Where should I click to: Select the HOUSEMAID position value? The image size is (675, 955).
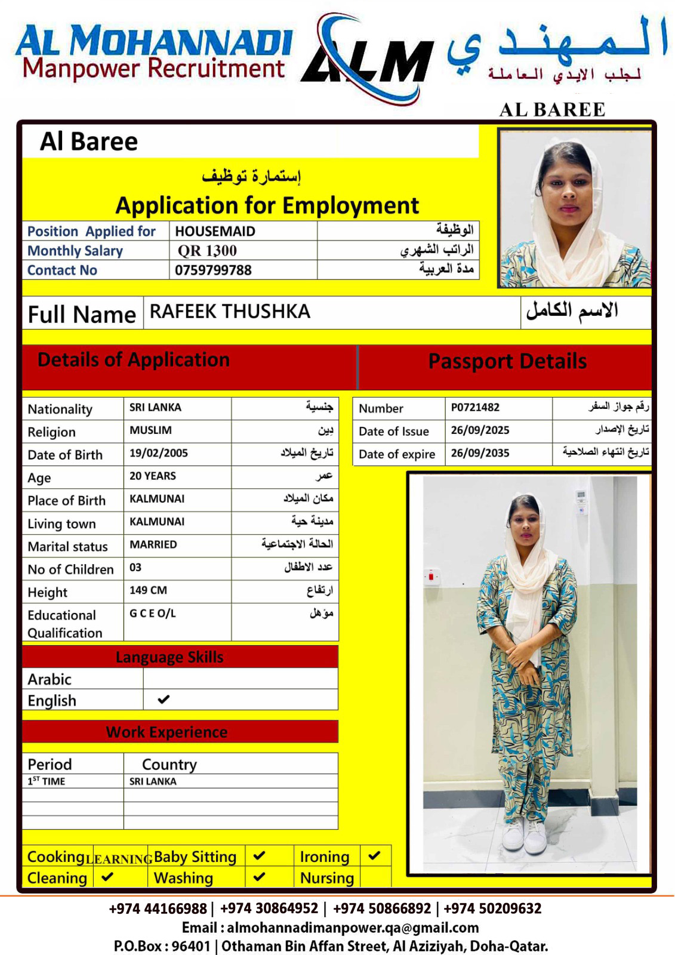click(x=215, y=231)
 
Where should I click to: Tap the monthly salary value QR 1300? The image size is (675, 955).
click(x=207, y=251)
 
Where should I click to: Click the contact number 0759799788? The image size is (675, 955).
click(x=213, y=270)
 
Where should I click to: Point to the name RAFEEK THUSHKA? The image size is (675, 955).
click(x=230, y=312)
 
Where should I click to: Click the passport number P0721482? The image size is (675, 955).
click(x=475, y=408)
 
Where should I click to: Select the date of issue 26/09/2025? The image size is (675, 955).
click(x=480, y=430)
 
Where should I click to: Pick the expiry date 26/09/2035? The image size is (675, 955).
click(x=480, y=453)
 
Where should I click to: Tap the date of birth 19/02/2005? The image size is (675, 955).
click(x=158, y=453)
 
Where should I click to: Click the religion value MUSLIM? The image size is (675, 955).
click(x=150, y=430)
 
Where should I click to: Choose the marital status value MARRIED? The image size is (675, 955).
click(x=153, y=544)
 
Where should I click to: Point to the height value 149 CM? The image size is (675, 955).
click(x=148, y=590)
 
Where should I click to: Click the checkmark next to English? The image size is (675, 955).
click(x=164, y=699)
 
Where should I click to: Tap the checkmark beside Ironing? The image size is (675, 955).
click(x=374, y=855)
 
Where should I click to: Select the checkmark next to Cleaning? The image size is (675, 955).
click(x=107, y=877)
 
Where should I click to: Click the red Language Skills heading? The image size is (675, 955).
click(x=169, y=657)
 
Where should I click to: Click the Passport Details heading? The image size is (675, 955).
click(x=507, y=362)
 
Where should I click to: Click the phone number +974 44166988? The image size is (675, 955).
click(x=158, y=908)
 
